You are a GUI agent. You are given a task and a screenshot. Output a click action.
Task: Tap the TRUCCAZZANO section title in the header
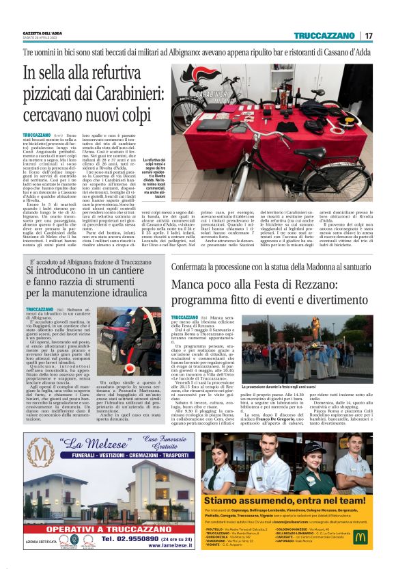point(324,36)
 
